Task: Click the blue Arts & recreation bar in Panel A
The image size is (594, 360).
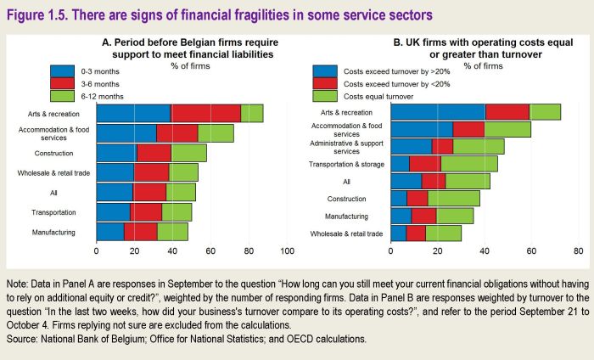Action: (133, 114)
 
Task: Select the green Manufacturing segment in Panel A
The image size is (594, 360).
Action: (172, 231)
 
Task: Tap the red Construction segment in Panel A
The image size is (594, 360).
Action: (154, 153)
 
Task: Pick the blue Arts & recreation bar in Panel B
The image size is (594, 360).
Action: (438, 111)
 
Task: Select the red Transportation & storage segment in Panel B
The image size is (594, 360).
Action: (425, 164)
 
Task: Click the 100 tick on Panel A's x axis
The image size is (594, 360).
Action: (287, 252)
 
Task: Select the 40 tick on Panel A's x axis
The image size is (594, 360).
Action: (173, 252)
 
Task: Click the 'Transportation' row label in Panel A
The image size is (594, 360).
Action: (55, 211)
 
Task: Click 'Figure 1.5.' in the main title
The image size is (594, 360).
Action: (40, 15)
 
